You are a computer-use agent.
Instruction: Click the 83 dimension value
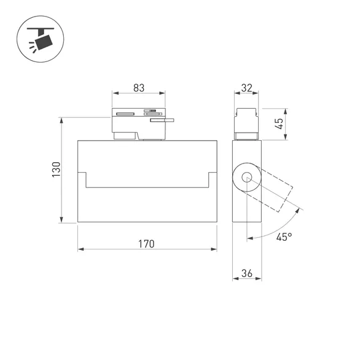(139, 88)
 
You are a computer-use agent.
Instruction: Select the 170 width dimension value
(146, 244)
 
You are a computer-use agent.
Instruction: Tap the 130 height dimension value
(57, 170)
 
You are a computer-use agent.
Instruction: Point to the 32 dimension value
(247, 88)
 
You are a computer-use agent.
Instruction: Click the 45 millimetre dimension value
(279, 123)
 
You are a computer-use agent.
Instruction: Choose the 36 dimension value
(247, 273)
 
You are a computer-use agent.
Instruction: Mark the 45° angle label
(284, 237)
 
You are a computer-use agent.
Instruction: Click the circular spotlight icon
(41, 39)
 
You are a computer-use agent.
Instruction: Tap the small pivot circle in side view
(247, 178)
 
